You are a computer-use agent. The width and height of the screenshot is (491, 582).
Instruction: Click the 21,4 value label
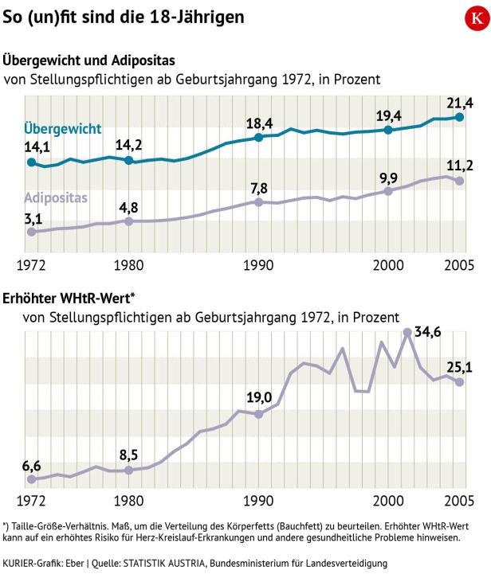[460, 103]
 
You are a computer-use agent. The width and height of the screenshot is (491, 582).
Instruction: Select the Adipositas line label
[55, 197]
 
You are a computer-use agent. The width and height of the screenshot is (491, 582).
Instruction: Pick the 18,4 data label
[259, 123]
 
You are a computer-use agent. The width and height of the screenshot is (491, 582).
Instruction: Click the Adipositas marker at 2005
[460, 181]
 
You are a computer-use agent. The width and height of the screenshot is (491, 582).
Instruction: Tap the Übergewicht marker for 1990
[258, 138]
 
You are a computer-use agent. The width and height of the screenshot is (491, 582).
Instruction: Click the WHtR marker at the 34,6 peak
[408, 332]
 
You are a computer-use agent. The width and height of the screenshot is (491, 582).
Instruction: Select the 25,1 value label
[460, 366]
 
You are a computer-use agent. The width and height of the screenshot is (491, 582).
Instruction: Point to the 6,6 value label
[31, 464]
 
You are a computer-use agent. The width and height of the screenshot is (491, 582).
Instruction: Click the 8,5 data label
[129, 456]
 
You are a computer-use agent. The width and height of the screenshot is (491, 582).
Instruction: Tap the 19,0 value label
[259, 398]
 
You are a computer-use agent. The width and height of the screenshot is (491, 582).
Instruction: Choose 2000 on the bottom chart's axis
[388, 502]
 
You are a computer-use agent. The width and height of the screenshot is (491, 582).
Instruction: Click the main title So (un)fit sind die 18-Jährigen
[124, 17]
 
